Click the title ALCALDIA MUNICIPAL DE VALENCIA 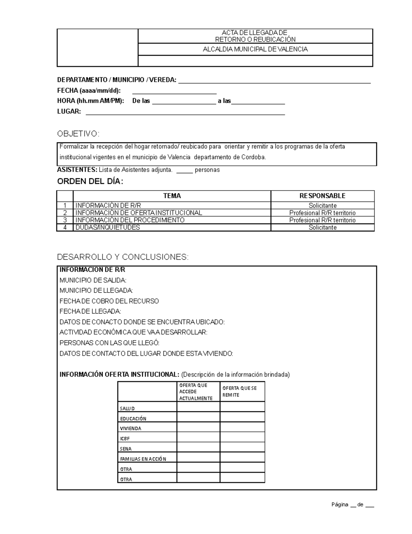click(255, 49)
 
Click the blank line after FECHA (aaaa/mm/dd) click(174, 92)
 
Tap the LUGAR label click(69, 111)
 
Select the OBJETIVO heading click(78, 134)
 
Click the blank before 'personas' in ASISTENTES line click(184, 170)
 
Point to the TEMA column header click(172, 196)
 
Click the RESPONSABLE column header click(322, 196)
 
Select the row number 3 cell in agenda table click(65, 220)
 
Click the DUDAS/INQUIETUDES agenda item click(107, 227)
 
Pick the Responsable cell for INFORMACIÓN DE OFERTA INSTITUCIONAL click(322, 213)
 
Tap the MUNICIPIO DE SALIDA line click(93, 280)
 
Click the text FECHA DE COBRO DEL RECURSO click(109, 301)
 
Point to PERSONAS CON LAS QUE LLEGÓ click(110, 343)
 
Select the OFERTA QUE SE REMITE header click(242, 392)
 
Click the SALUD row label click(127, 408)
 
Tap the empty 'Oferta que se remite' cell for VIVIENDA click(242, 427)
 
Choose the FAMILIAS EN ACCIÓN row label click(143, 459)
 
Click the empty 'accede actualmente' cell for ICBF click(198, 437)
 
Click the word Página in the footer click(340, 505)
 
